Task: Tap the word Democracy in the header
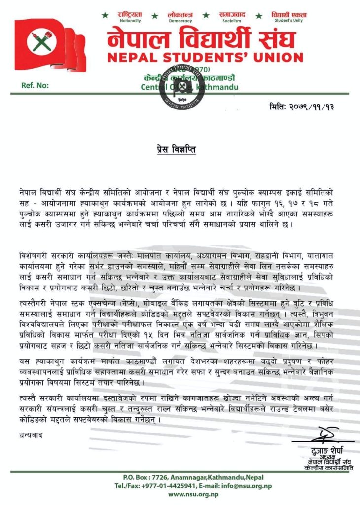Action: tap(180, 21)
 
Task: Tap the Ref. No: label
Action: tap(35, 85)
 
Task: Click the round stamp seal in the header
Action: tap(181, 87)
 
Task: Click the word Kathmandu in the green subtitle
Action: tap(218, 87)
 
